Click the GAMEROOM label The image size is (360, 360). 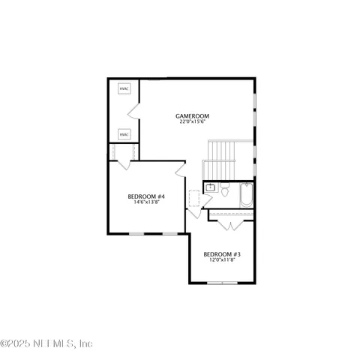(192, 115)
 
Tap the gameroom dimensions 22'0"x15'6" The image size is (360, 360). (192, 122)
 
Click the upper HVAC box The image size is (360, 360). (124, 89)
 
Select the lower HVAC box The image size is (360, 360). (124, 134)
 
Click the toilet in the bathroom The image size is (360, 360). (224, 191)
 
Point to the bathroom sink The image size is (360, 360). (211, 187)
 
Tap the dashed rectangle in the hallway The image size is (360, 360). (194, 198)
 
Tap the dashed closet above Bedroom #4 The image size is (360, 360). (122, 153)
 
